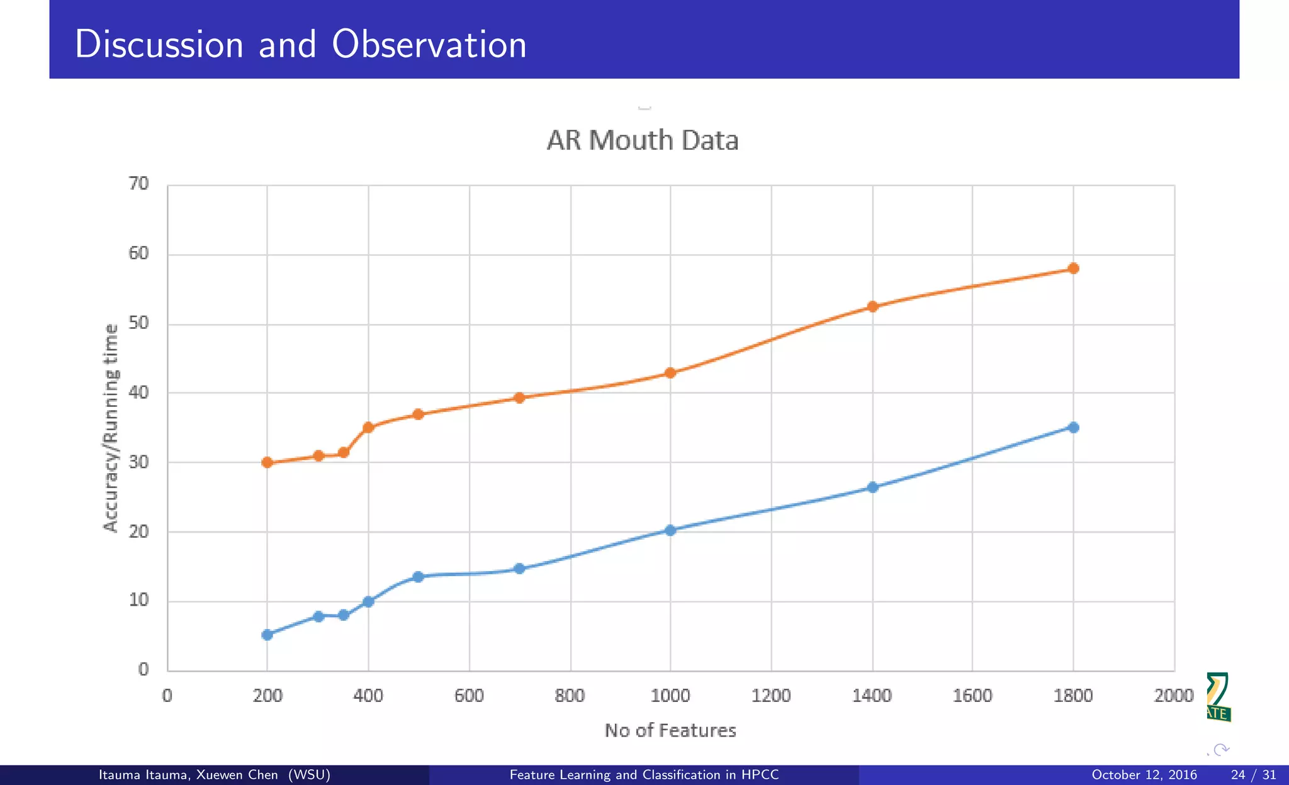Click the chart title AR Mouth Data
point(642,140)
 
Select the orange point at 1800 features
point(1073,269)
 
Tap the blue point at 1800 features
point(1073,428)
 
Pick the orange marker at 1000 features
point(670,373)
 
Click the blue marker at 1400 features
point(872,487)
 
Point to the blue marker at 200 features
point(267,635)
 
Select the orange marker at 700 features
point(519,398)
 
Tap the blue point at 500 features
point(418,577)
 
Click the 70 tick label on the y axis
point(138,184)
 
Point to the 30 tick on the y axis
point(138,462)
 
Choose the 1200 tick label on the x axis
point(771,696)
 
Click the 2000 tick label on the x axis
point(1174,696)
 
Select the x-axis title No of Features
point(670,730)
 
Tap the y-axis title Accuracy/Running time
point(111,428)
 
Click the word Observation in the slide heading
point(429,45)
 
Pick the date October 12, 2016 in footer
point(1144,775)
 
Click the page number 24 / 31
point(1253,775)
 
